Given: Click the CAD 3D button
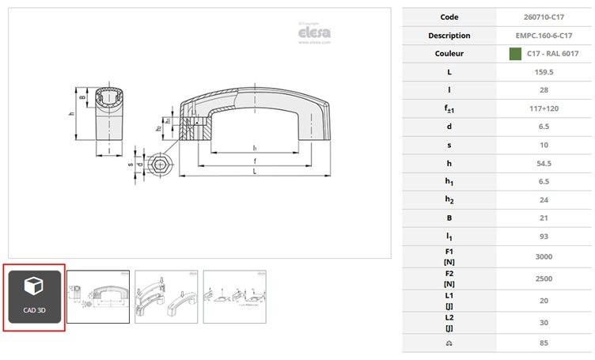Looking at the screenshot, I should click(x=35, y=297).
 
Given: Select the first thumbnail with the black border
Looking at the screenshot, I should click(x=97, y=297).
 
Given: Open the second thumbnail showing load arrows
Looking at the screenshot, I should click(x=165, y=297).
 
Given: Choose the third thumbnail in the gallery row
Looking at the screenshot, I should click(x=234, y=297).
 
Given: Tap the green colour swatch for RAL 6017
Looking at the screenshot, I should click(x=515, y=54).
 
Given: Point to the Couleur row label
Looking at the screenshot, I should click(x=449, y=54).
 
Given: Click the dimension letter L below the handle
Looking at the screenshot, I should click(x=253, y=172).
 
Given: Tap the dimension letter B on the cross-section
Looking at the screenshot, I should click(x=82, y=99).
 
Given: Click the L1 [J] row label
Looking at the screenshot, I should click(x=449, y=301).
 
